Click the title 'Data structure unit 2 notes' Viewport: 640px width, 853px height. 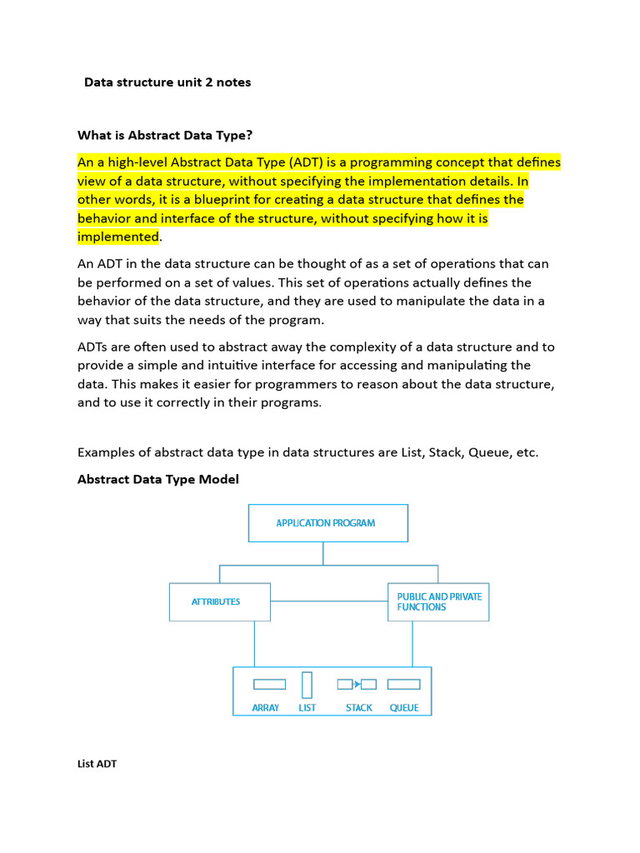point(167,82)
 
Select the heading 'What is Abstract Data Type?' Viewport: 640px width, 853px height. point(164,135)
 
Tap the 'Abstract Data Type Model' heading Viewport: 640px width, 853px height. point(157,479)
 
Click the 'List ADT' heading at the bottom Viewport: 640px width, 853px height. point(97,763)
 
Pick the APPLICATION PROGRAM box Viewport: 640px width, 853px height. point(327,523)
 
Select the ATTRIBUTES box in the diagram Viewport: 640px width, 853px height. point(219,601)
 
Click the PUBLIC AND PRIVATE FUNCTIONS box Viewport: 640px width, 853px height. point(437,601)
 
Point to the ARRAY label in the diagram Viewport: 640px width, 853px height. point(266,708)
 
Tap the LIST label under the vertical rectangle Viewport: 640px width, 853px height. point(307,708)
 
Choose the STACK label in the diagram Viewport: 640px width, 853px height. point(359,708)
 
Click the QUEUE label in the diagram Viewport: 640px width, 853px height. point(404,708)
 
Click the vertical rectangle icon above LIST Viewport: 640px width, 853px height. point(307,685)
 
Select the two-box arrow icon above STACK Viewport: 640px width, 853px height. point(357,685)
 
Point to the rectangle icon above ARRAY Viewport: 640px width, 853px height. point(269,685)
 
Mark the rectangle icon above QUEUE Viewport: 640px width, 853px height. point(403,685)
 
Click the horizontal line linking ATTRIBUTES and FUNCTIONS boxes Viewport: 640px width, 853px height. point(328,601)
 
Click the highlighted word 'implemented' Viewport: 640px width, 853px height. point(117,237)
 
